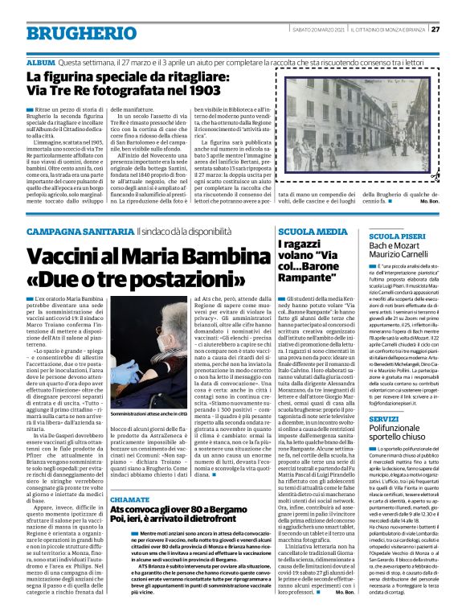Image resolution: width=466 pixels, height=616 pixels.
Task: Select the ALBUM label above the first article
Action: [x=40, y=62]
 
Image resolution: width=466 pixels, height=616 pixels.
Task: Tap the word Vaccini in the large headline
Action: [x=72, y=236]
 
